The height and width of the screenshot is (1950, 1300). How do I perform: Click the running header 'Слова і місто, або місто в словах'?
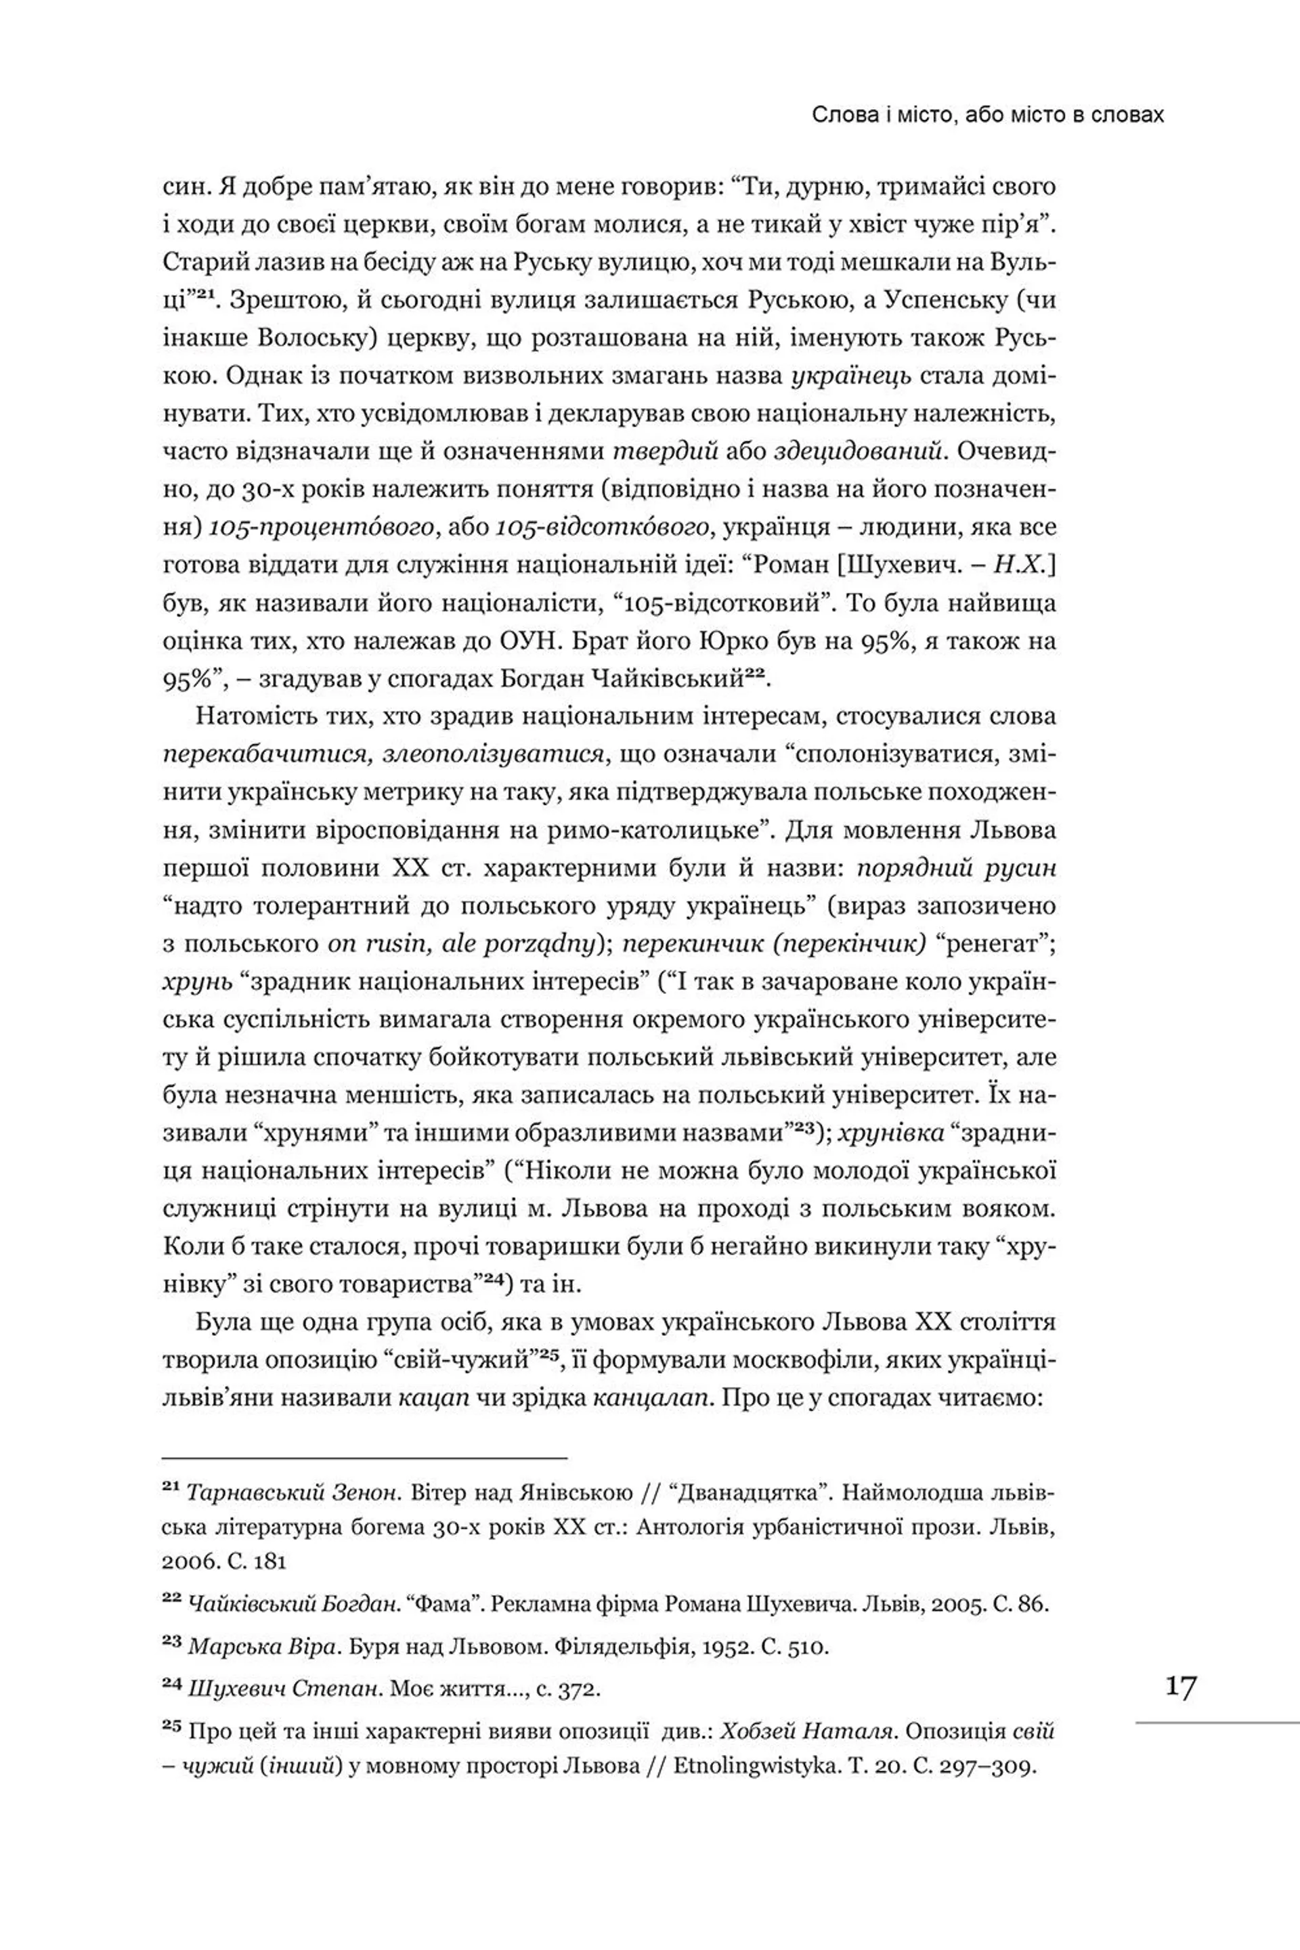[987, 114]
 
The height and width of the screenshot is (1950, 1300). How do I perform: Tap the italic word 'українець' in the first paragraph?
[850, 376]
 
